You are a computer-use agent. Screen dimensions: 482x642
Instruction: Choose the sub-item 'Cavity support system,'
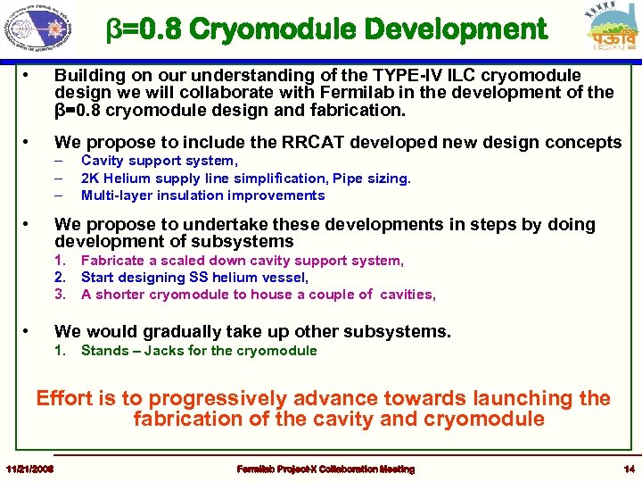click(159, 161)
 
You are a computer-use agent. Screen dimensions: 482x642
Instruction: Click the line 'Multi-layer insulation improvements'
click(202, 195)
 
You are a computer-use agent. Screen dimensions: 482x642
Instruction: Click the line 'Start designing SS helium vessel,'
click(194, 278)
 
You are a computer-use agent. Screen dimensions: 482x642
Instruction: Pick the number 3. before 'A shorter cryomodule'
click(61, 295)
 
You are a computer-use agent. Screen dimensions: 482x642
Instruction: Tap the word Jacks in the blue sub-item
click(163, 350)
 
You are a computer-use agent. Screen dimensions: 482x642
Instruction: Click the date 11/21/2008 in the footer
click(29, 469)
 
